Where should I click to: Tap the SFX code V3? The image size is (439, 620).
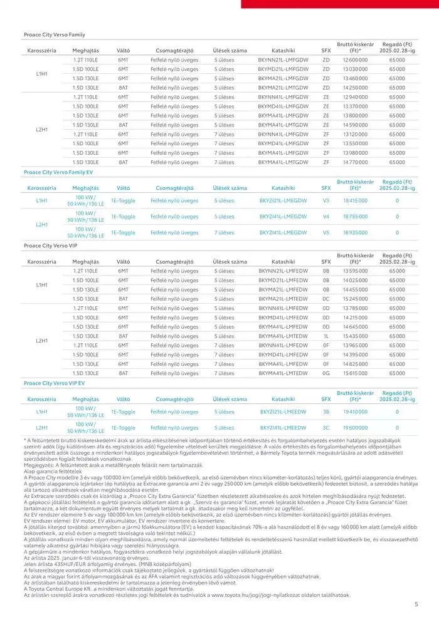point(325,201)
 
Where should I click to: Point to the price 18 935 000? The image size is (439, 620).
point(355,232)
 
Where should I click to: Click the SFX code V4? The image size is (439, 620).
point(325,217)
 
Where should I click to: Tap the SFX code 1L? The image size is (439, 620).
point(325,336)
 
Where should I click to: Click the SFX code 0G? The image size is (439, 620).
point(325,373)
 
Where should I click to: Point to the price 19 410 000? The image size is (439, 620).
point(355,411)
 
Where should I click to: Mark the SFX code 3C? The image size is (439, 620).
point(325,427)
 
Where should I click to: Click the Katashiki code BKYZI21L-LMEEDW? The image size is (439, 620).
point(282,411)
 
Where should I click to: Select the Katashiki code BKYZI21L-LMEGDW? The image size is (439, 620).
point(282,201)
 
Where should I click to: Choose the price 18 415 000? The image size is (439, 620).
point(355,201)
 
